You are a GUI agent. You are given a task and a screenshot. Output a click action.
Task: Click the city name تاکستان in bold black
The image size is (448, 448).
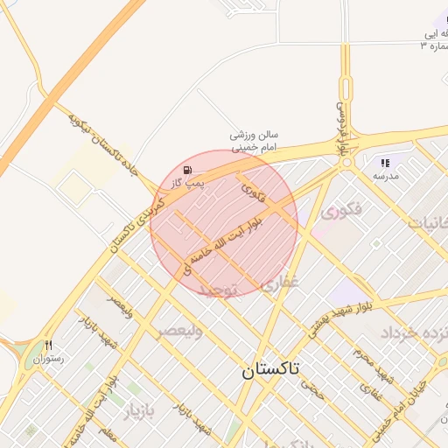pyautogui.click(x=270, y=370)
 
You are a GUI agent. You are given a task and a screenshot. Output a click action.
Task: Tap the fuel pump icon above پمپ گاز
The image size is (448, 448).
pyautogui.click(x=188, y=169)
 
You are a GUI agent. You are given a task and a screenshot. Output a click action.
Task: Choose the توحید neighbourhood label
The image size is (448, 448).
pyautogui.click(x=217, y=290)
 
